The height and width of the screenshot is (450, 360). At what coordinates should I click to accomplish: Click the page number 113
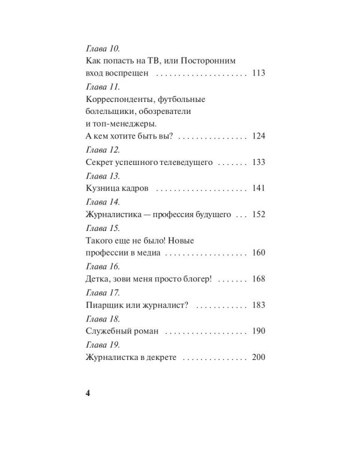point(259,73)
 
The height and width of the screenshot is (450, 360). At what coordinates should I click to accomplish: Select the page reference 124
point(259,136)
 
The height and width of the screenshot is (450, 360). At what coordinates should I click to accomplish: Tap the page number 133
point(259,163)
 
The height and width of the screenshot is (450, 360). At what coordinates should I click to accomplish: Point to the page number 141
point(259,188)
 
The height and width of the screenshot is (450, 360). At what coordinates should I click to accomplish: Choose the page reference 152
point(259,214)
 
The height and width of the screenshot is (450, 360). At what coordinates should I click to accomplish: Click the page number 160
point(259,253)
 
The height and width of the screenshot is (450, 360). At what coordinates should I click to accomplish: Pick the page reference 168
point(259,279)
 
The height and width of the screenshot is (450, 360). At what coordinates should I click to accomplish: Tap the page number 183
point(259,305)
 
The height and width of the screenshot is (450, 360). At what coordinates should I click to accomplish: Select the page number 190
point(259,331)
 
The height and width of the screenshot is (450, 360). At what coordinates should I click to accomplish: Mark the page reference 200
point(259,357)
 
